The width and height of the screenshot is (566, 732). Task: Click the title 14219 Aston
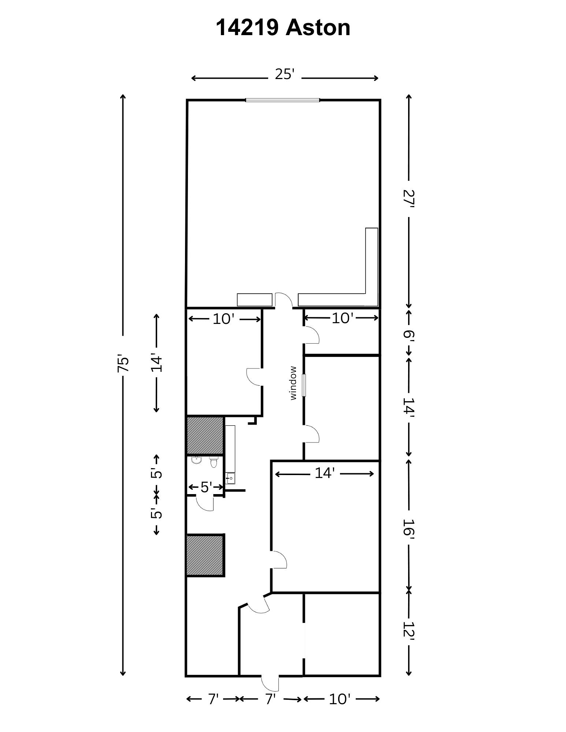click(x=283, y=28)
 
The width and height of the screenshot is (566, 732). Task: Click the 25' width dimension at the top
click(x=285, y=74)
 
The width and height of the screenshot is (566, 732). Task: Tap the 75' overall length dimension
click(x=123, y=363)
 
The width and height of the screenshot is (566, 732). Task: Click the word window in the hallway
click(x=293, y=383)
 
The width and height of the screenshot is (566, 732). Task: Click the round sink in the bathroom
click(x=197, y=460)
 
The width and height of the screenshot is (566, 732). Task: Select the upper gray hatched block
click(x=205, y=436)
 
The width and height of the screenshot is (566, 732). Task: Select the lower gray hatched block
click(x=205, y=555)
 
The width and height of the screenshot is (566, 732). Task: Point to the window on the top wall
click(x=282, y=100)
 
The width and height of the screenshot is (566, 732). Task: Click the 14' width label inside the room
click(x=325, y=473)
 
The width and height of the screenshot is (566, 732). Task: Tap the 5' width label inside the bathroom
click(x=206, y=487)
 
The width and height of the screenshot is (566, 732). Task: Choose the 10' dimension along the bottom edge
click(x=340, y=699)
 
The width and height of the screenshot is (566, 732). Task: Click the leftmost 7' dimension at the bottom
click(x=213, y=699)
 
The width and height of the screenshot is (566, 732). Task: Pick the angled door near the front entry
click(x=259, y=605)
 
